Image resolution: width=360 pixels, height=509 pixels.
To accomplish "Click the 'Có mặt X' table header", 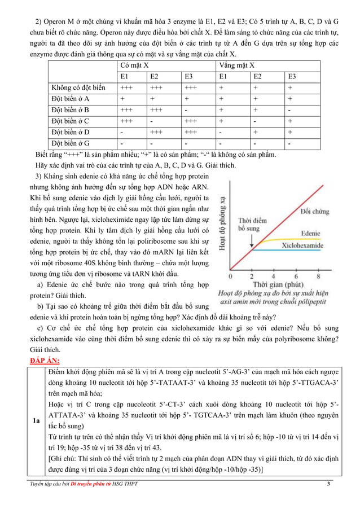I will tap(135, 65).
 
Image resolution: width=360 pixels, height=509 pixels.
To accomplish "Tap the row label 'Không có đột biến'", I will tap(78, 87).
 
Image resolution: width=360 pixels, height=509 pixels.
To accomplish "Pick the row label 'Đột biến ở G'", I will tap(71, 143).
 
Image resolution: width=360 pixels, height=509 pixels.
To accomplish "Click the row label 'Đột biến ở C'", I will tap(71, 121).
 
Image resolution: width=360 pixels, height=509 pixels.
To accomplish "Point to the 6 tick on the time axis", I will tap(296, 277).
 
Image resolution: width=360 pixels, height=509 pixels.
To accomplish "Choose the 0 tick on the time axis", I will tap(230, 277).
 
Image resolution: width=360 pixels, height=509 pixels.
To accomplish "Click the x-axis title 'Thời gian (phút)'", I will tap(275, 286).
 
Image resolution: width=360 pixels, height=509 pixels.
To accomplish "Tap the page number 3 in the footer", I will tap(329, 484).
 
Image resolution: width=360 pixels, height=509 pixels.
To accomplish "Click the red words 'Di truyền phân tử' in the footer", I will tap(86, 484).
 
